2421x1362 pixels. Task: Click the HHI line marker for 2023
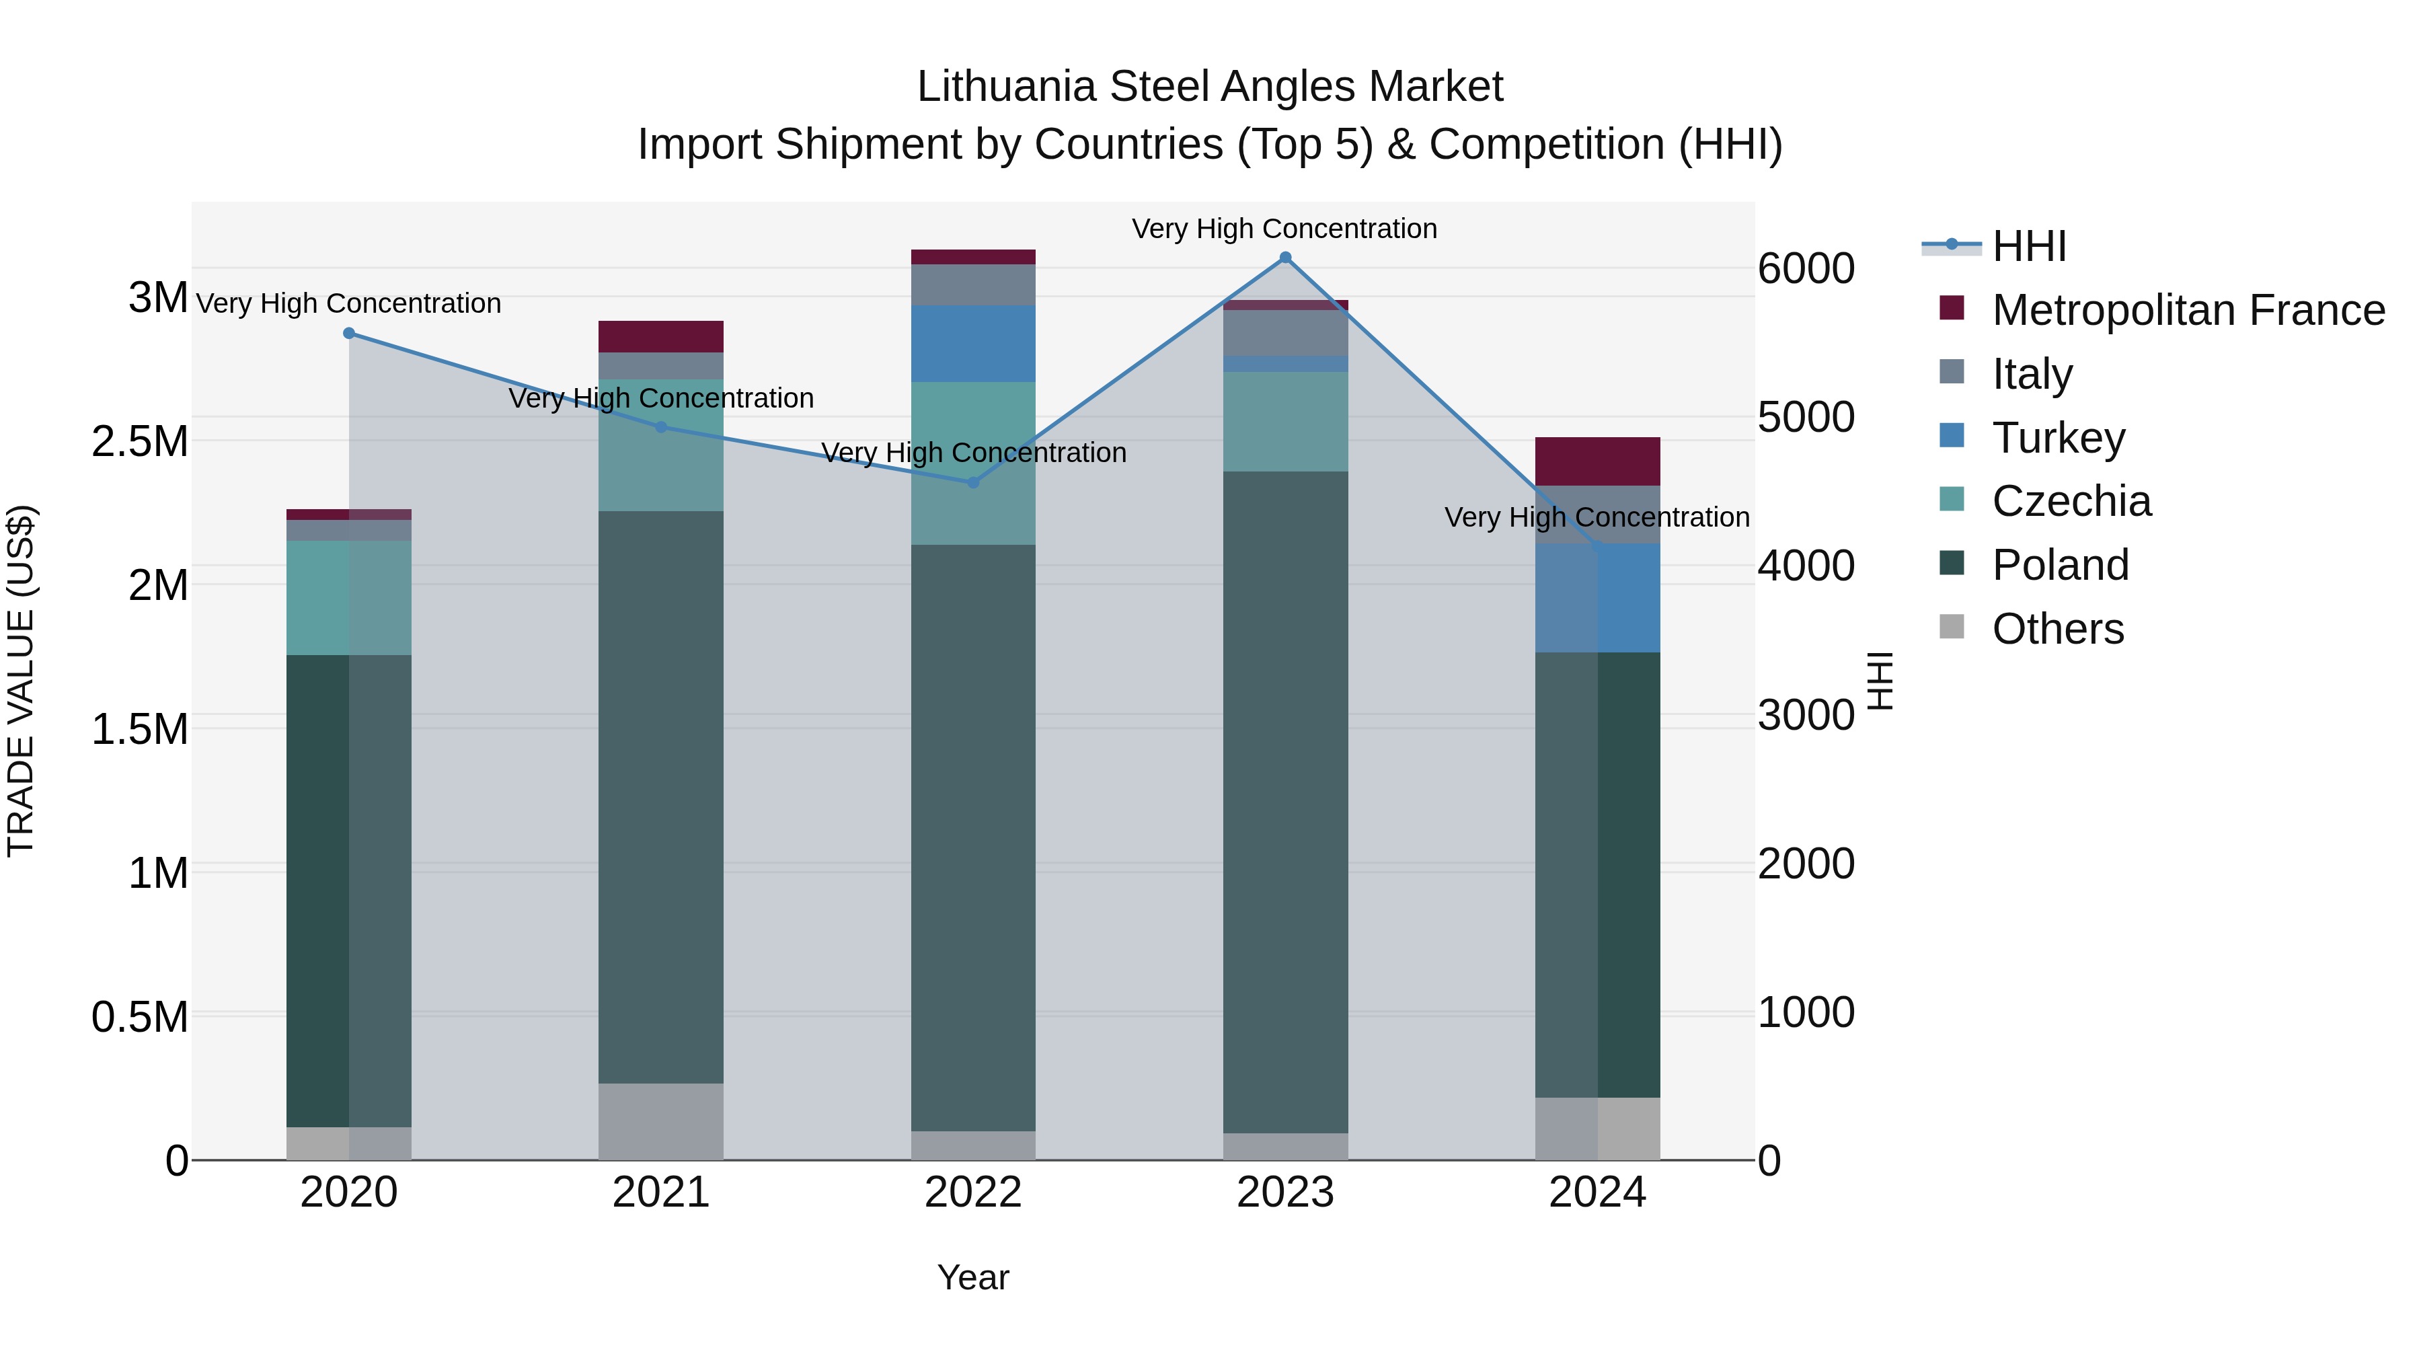tap(1284, 258)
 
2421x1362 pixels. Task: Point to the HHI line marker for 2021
tap(660, 426)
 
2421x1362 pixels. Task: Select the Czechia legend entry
tap(2071, 501)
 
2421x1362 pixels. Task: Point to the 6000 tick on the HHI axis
tap(1806, 269)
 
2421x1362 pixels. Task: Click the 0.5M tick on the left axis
tap(140, 1017)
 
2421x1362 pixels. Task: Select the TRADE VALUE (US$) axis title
tap(21, 681)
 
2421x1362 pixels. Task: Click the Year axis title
tap(972, 1277)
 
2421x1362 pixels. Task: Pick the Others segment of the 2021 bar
tap(660, 1121)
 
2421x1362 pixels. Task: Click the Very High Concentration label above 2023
tap(1284, 229)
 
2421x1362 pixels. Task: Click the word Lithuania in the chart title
tap(1007, 87)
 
